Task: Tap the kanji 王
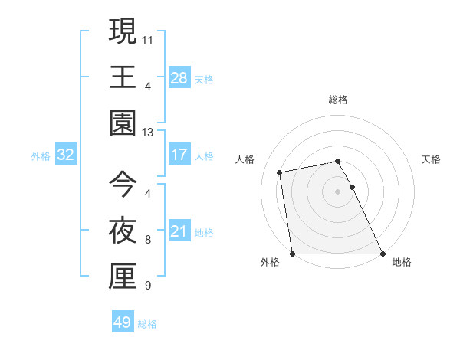coord(123,77)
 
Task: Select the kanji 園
coord(123,123)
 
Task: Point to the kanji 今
coord(123,184)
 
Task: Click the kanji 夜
coord(123,231)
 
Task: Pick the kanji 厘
coord(123,277)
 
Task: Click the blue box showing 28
coord(179,77)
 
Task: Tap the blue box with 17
coord(179,155)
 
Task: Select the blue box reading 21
coord(179,231)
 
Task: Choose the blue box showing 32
coord(66,155)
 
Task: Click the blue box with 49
coord(122,322)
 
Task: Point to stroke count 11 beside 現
coord(148,38)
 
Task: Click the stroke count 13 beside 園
coord(148,132)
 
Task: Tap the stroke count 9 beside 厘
coord(148,286)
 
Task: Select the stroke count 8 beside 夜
coord(148,240)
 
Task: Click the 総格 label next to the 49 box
coord(147,323)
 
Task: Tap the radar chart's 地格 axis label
coord(402,262)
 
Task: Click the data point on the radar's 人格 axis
coord(280,172)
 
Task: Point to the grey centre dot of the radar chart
coord(337,191)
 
